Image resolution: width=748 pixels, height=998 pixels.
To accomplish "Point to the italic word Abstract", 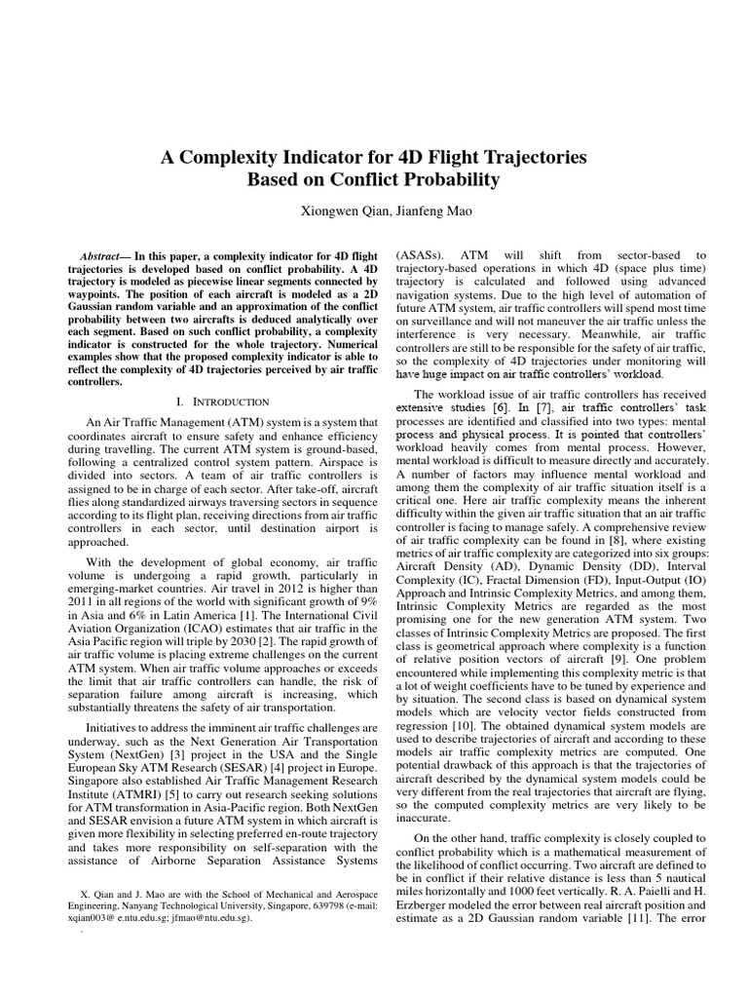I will click(x=98, y=254).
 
